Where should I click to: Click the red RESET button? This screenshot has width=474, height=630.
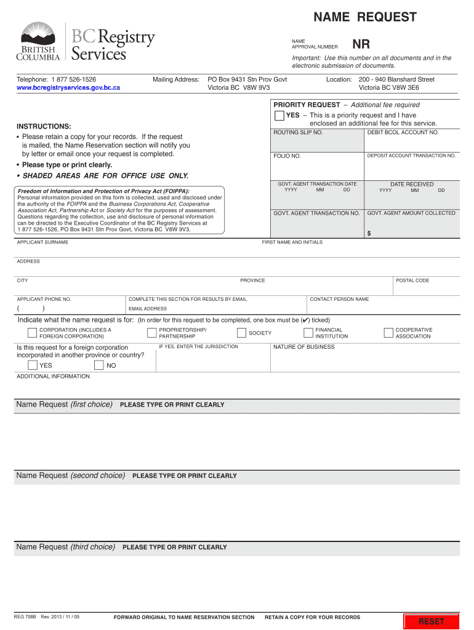[431, 621]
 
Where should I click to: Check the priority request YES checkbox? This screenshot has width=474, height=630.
[279, 116]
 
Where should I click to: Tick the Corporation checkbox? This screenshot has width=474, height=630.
[32, 333]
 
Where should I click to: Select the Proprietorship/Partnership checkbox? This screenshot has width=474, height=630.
[151, 333]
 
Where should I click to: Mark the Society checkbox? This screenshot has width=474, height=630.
[241, 333]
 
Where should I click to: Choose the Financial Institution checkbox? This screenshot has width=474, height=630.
[308, 333]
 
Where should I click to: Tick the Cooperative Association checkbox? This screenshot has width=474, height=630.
[388, 333]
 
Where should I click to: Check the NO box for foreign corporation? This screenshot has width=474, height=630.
[98, 365]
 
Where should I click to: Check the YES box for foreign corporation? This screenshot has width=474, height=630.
[32, 365]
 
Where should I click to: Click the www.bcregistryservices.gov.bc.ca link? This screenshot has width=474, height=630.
[68, 88]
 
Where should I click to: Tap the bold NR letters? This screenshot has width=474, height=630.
[361, 44]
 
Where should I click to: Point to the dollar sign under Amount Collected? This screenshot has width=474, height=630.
[369, 233]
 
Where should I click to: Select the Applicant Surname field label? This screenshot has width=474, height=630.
[42, 242]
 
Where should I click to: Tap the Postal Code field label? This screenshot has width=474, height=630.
[412, 281]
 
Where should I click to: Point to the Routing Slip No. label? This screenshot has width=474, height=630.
[298, 132]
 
